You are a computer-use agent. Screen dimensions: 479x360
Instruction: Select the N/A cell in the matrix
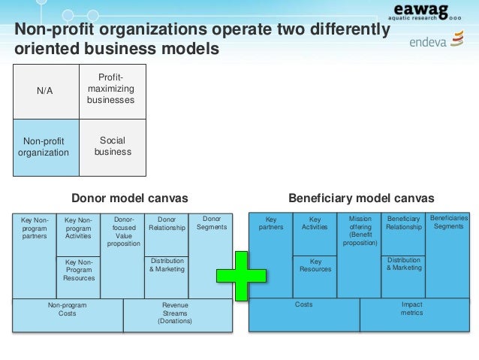tap(46, 91)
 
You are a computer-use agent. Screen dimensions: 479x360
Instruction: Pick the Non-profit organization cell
tap(46, 147)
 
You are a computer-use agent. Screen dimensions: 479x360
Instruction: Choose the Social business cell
tap(113, 147)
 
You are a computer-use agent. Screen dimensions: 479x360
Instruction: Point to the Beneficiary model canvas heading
tap(361, 198)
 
